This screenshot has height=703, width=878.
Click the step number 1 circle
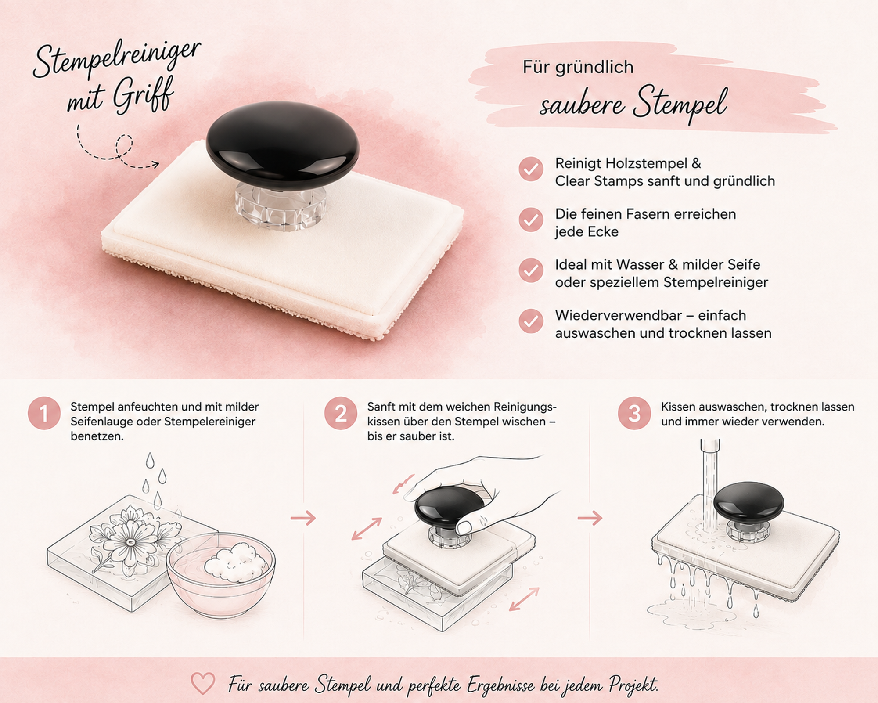[x=44, y=413]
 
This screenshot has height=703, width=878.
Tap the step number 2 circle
[x=341, y=413]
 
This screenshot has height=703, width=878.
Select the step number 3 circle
[x=634, y=413]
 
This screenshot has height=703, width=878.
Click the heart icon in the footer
[x=203, y=683]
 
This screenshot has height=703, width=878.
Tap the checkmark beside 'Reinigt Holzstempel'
[x=531, y=169]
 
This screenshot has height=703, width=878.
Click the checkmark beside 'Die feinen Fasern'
[x=531, y=220]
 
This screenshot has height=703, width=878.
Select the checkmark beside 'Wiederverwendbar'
[x=531, y=321]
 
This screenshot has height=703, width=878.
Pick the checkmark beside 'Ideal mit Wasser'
[x=531, y=270]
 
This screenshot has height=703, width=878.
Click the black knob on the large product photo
[x=283, y=145]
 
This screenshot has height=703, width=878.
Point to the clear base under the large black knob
[x=281, y=206]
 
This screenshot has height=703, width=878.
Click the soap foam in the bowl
[x=236, y=562]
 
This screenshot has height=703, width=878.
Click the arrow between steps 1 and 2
[x=303, y=518]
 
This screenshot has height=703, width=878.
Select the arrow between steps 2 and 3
[x=590, y=518]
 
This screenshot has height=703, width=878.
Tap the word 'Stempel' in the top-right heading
[x=680, y=104]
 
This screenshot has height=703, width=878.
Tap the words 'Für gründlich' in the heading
[x=578, y=67]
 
